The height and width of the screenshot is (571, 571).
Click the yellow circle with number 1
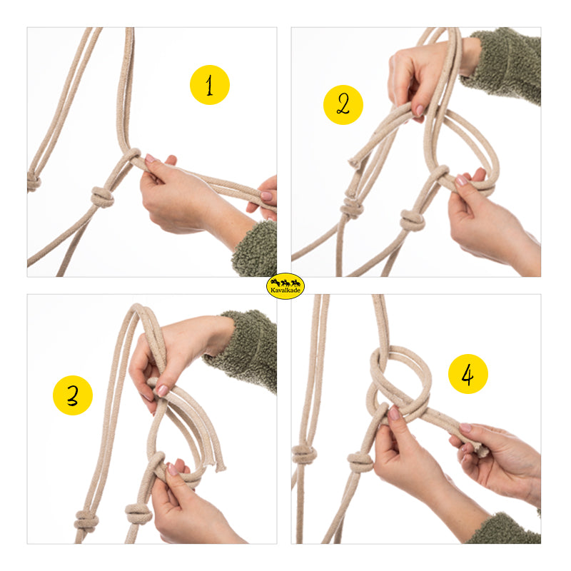click(x=210, y=85)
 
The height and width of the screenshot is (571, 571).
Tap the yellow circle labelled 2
click(x=343, y=105)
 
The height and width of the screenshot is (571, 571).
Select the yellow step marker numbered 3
click(x=73, y=395)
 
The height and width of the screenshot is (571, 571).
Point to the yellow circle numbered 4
click(x=468, y=374)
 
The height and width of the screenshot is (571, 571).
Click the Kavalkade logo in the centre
click(x=285, y=286)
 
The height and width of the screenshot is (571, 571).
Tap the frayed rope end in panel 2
click(x=354, y=161)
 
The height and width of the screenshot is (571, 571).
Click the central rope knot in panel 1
click(x=102, y=197)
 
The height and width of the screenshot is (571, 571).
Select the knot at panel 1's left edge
click(x=34, y=182)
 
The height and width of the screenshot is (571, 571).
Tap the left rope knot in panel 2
click(x=351, y=208)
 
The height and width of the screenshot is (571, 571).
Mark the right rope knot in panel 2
click(x=413, y=220)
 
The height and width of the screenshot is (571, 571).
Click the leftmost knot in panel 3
click(x=86, y=520)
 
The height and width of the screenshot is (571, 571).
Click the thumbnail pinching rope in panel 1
click(x=150, y=158)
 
